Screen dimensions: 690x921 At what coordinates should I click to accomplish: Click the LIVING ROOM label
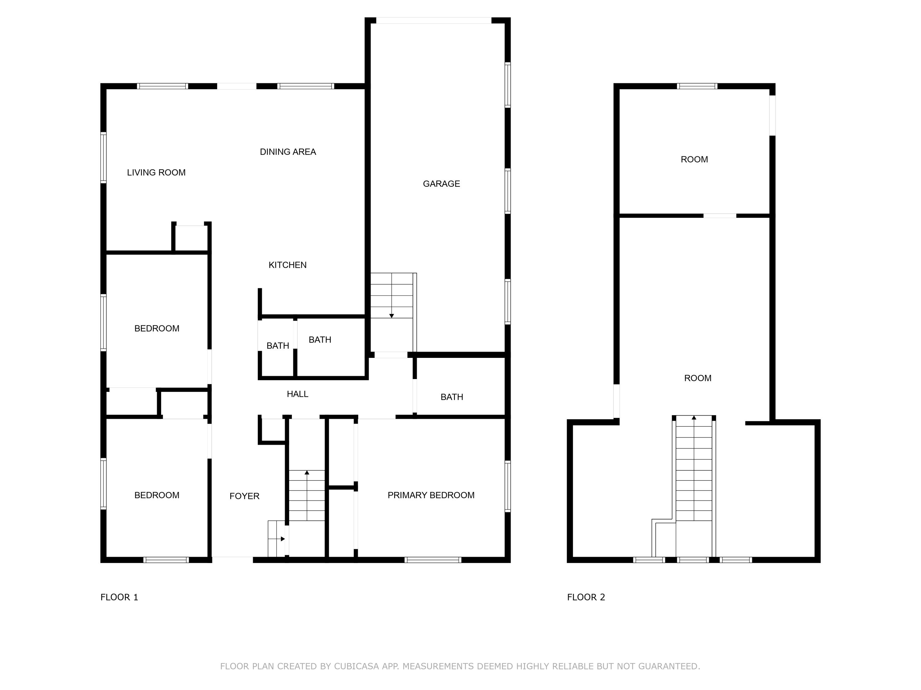[x=156, y=173]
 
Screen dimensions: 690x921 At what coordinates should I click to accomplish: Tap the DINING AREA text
[x=288, y=152]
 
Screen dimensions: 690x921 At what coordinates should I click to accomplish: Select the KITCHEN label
[x=287, y=265]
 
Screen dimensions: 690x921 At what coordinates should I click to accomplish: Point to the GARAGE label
[x=441, y=184]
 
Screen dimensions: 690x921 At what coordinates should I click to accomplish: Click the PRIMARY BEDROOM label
[x=431, y=495]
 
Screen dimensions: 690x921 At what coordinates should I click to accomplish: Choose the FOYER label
[x=244, y=496]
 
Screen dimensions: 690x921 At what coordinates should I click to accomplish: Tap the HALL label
[x=297, y=394]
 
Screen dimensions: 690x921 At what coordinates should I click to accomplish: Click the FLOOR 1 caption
[x=119, y=597]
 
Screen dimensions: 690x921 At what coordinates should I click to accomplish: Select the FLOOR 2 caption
[x=586, y=597]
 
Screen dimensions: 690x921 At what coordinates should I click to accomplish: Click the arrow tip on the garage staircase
[x=391, y=316]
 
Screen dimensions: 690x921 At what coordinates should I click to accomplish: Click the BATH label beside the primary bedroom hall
[x=452, y=397]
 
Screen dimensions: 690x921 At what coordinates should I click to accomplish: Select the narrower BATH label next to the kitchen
[x=278, y=346]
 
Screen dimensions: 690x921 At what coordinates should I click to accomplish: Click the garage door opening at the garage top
[x=433, y=20]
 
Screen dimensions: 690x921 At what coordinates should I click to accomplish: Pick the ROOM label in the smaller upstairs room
[x=694, y=159]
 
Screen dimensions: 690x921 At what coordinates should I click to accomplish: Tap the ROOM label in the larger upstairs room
[x=698, y=378]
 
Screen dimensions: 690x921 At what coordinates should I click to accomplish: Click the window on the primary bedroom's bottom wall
[x=433, y=560]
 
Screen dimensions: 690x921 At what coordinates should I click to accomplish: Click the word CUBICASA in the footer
[x=356, y=666]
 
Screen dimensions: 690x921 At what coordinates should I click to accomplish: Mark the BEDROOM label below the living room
[x=157, y=328]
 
